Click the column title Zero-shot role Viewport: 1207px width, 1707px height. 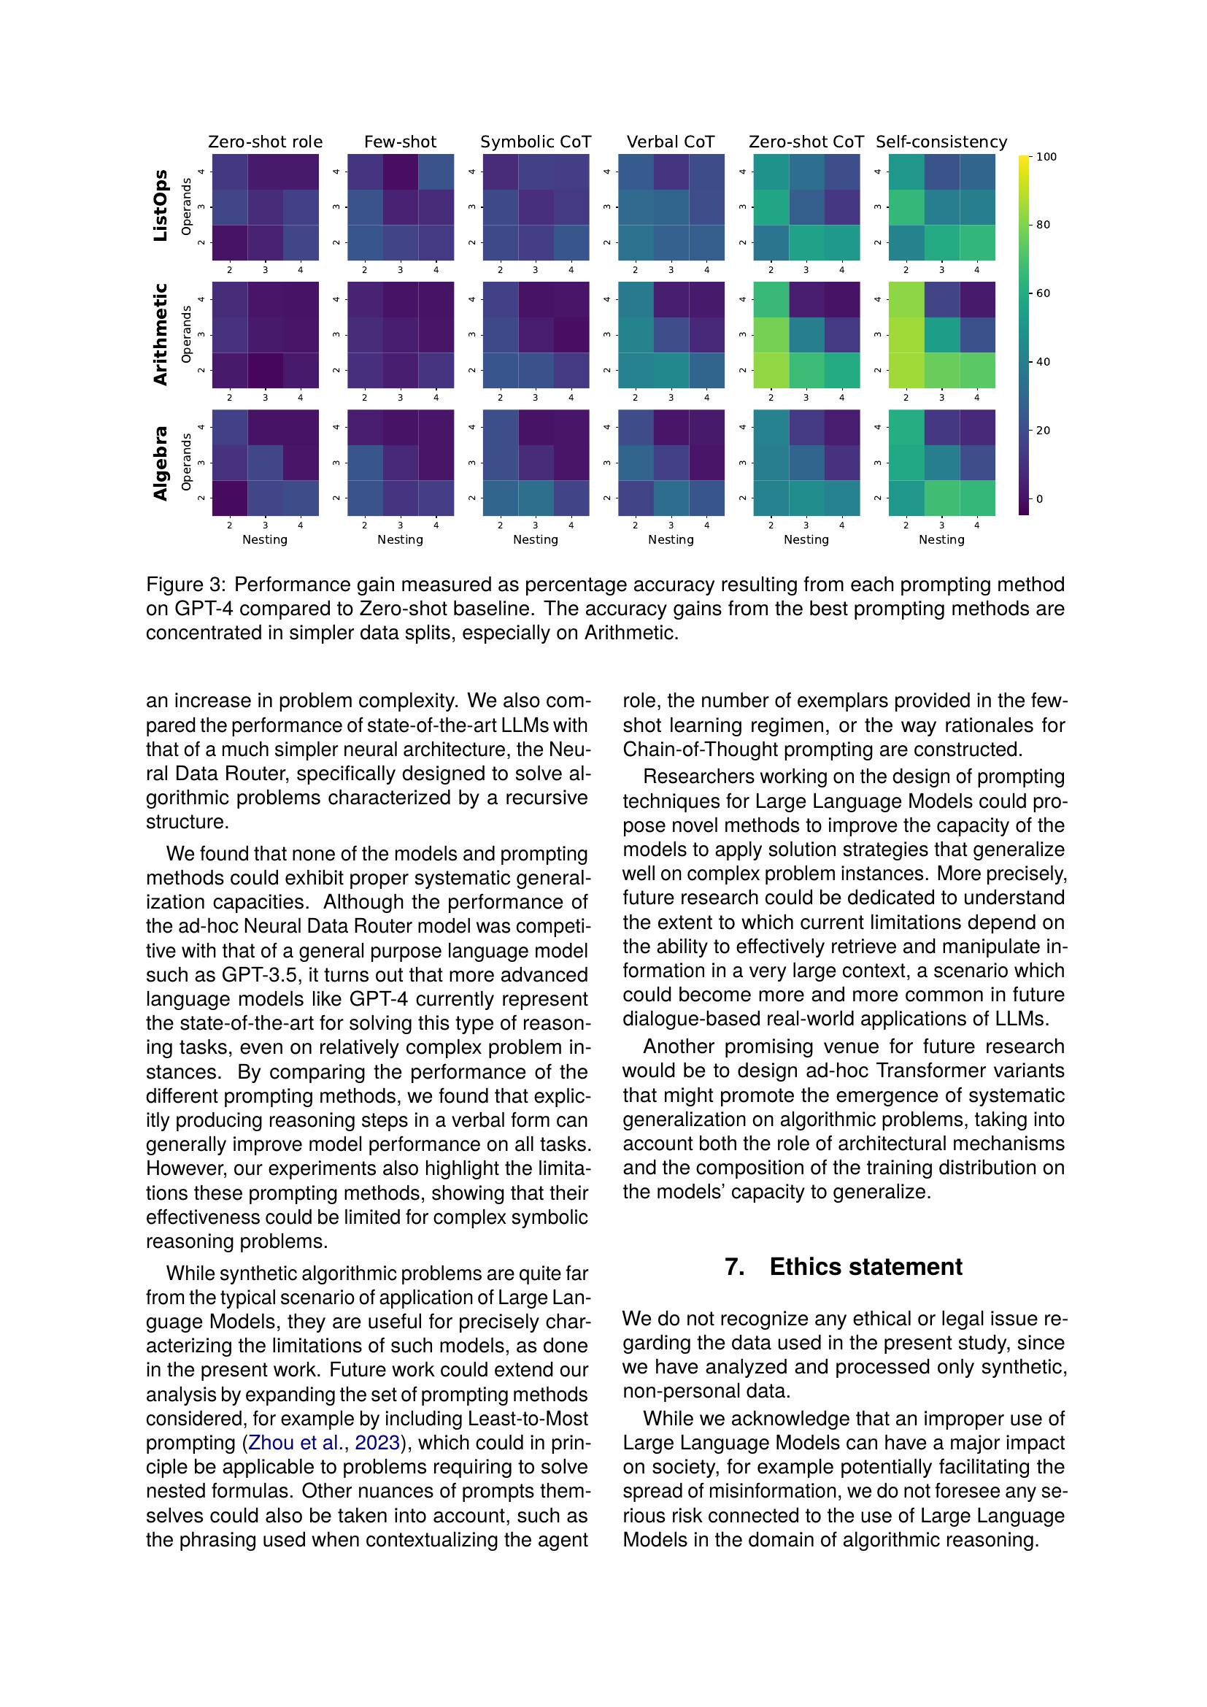[x=266, y=142]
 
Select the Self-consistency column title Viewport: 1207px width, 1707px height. [x=941, y=142]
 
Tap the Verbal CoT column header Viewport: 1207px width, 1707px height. [x=671, y=142]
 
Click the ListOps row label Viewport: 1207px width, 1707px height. [x=161, y=207]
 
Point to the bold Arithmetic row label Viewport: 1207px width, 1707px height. [x=161, y=334]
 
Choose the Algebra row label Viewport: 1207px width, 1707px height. [x=161, y=463]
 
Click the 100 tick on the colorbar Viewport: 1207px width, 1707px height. [x=1046, y=157]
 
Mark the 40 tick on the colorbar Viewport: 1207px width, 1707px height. [x=1044, y=362]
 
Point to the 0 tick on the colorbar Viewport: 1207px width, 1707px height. [x=1040, y=499]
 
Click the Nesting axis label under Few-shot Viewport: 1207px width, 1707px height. [x=400, y=540]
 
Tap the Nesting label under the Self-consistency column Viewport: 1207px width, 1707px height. [x=941, y=540]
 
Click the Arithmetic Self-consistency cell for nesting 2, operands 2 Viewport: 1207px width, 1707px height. [x=907, y=369]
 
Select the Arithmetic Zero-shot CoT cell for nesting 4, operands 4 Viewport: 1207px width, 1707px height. [x=842, y=299]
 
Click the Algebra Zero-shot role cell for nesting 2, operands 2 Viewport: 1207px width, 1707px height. [x=230, y=498]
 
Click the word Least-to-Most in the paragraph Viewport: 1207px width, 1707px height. [x=528, y=1419]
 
